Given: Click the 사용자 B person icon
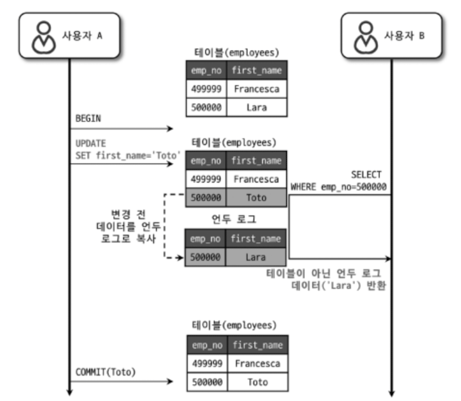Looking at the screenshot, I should (367, 36).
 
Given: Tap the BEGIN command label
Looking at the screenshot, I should (88, 118).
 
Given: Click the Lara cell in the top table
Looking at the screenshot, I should (256, 107).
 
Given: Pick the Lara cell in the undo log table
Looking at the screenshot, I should (256, 257).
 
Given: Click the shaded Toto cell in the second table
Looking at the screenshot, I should (256, 198).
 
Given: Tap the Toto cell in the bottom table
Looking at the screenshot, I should (257, 382).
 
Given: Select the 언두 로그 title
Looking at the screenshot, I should (235, 220).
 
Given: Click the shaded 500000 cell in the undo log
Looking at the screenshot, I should (205, 257).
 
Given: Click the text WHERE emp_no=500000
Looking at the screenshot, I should (338, 187).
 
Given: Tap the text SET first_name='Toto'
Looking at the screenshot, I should (128, 155).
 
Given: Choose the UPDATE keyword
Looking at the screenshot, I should (91, 143).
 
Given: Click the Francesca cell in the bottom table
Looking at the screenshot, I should (257, 363).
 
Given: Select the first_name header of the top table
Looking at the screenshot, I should (257, 70).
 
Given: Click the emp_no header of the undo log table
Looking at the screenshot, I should (205, 238).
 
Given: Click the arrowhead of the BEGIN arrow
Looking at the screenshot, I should (169, 129).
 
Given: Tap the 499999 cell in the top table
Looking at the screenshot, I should (206, 88).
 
